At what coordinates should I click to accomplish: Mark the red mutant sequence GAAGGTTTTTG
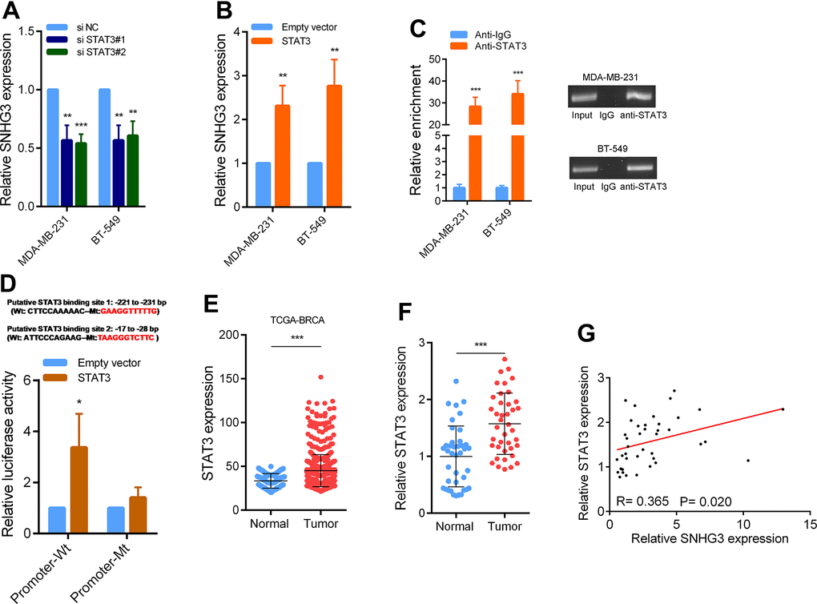tap(134, 314)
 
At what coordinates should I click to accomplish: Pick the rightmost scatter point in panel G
tap(783, 409)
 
